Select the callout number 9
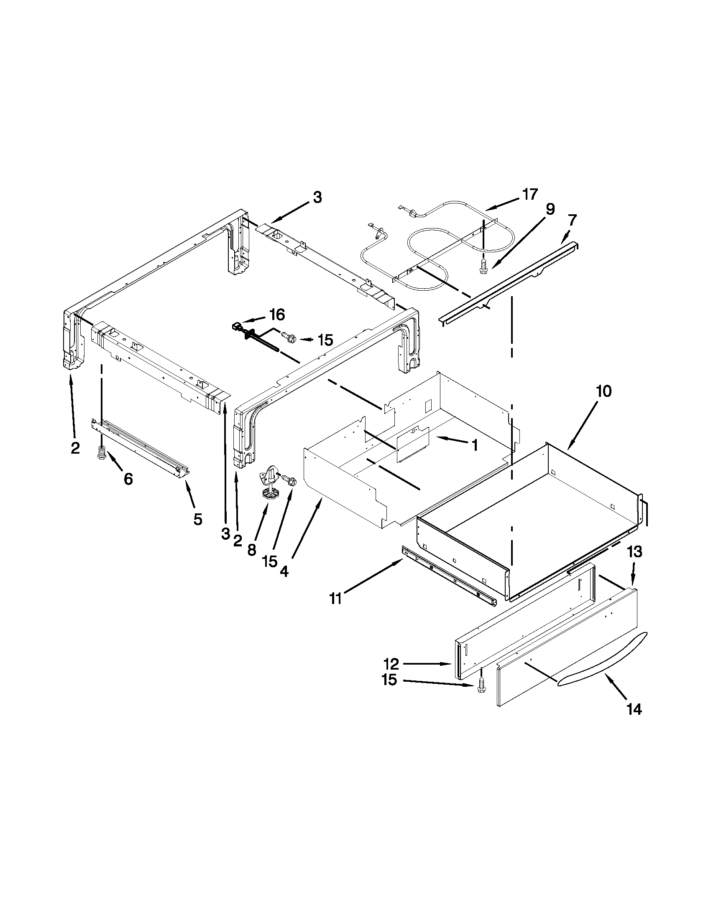tap(550, 209)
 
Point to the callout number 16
tap(277, 314)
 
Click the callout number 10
tap(603, 391)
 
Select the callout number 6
tap(128, 479)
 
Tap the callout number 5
tap(197, 519)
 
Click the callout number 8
tap(251, 550)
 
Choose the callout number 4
tap(284, 571)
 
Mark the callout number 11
tap(335, 599)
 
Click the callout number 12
tap(391, 664)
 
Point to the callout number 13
tap(635, 552)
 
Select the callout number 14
tap(634, 710)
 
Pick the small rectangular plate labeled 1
tap(412, 444)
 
